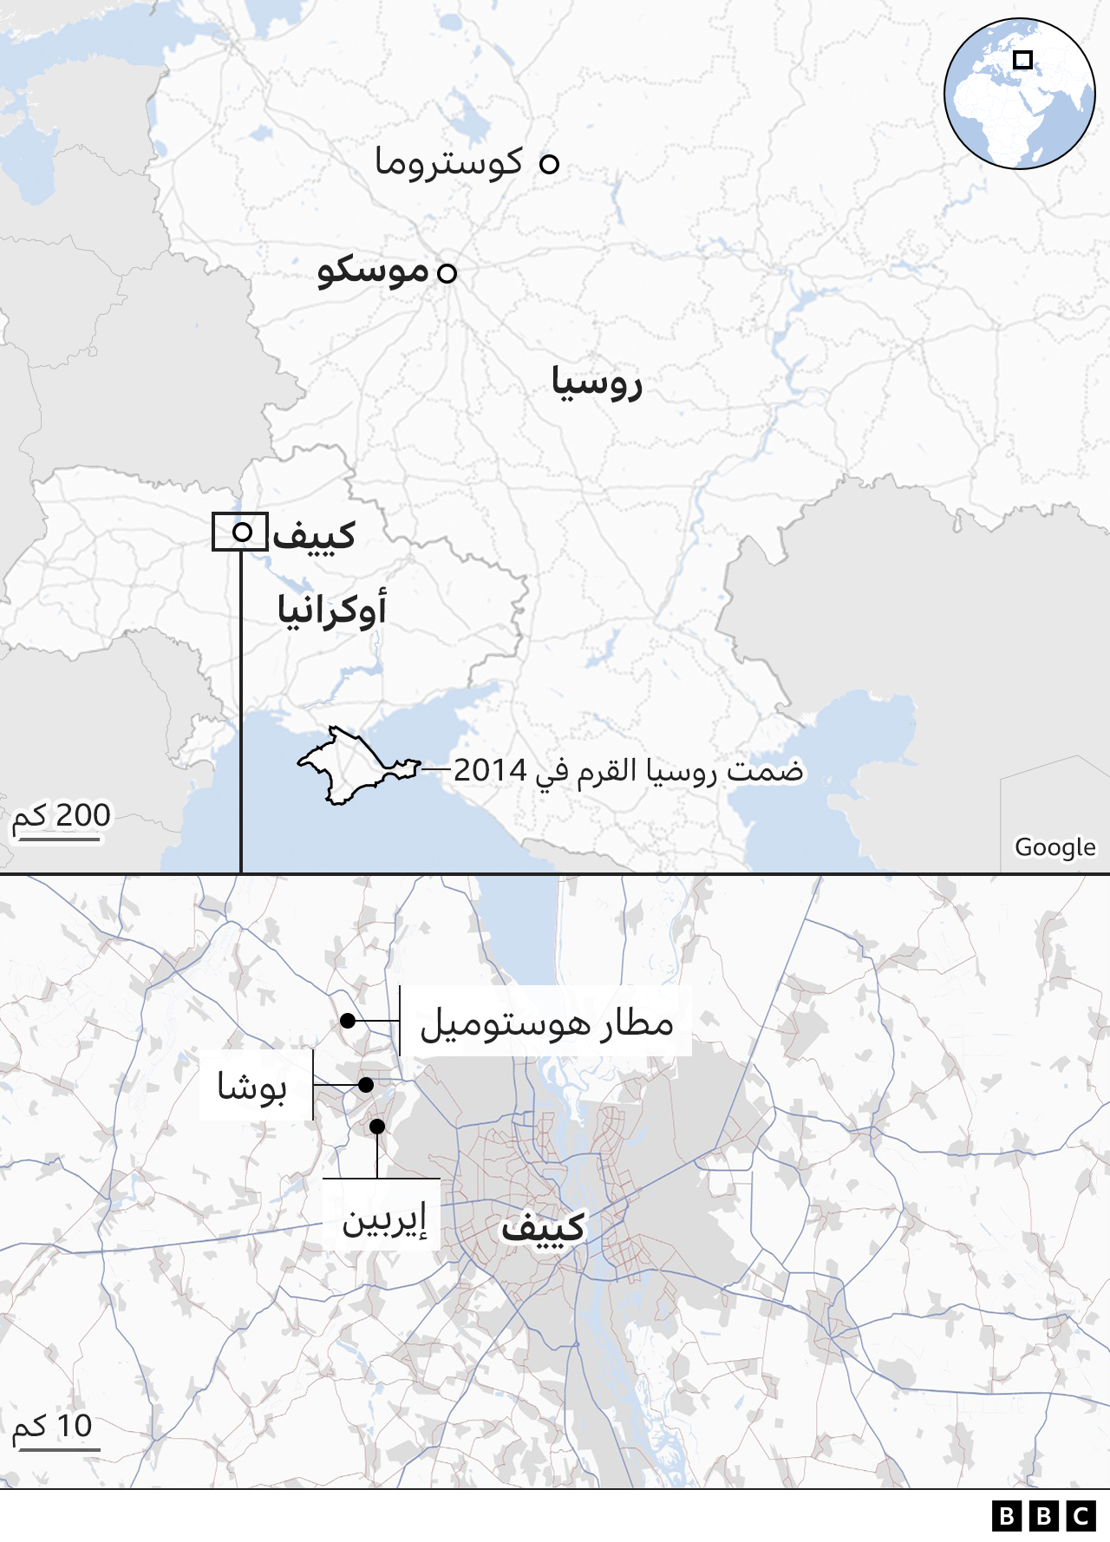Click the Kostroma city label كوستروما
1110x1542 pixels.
449,163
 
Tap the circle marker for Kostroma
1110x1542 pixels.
549,163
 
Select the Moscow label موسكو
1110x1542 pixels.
373,271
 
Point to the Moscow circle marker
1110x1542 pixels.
447,273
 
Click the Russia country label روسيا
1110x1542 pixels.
597,382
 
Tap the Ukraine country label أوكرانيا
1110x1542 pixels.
332,610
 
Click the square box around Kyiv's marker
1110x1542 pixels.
240,532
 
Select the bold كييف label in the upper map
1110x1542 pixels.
314,535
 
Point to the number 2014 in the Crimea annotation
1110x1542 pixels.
490,770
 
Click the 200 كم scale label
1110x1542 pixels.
62,816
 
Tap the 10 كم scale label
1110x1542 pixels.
53,1427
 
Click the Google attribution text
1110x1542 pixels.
1054,847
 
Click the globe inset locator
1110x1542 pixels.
1019,94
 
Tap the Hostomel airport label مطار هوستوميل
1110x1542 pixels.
547,1023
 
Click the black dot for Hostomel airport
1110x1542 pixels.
348,1021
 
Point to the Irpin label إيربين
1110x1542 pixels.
383,1221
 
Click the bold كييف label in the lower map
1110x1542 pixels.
543,1229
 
